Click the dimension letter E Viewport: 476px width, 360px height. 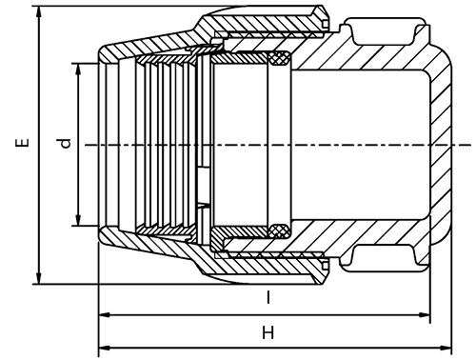click(x=22, y=143)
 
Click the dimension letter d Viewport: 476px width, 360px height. click(x=66, y=144)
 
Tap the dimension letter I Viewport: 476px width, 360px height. click(x=268, y=297)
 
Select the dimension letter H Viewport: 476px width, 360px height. click(x=268, y=332)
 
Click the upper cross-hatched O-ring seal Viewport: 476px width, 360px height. click(x=279, y=58)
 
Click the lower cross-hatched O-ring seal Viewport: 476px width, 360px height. click(x=279, y=230)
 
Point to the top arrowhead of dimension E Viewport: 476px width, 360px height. click(x=39, y=12)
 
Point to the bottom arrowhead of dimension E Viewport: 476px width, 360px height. click(x=39, y=278)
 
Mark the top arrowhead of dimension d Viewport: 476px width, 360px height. click(x=78, y=70)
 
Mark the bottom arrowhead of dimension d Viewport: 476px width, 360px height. click(x=78, y=219)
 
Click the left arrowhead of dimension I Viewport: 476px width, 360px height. click(x=105, y=315)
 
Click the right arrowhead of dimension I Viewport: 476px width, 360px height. click(x=424, y=315)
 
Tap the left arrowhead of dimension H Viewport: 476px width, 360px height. click(x=105, y=348)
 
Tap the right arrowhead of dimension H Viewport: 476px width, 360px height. click(x=445, y=348)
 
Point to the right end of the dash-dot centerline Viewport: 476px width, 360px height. click(x=471, y=145)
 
